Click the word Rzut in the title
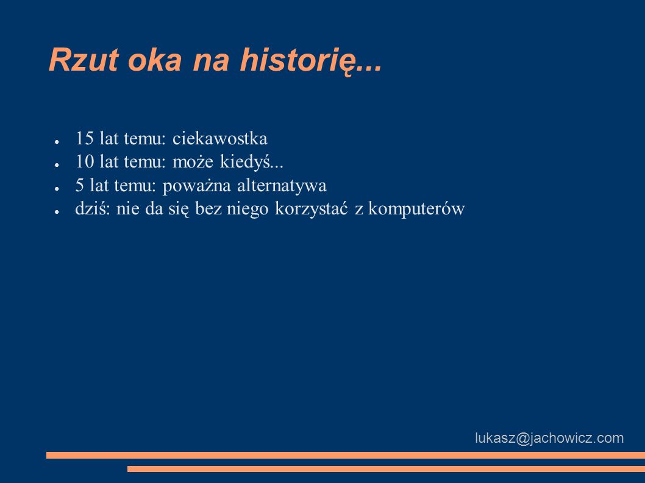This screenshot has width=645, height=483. [84, 60]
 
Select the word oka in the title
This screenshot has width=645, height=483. [155, 60]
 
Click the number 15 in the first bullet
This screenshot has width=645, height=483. [85, 138]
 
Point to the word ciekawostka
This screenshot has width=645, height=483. [220, 138]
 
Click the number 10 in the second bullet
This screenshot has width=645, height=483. [85, 161]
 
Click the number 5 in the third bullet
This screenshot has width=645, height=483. [79, 185]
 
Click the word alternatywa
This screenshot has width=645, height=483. [282, 185]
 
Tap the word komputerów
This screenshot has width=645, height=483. [416, 209]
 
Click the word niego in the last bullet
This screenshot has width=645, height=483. [248, 209]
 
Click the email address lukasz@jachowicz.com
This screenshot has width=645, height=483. [549, 438]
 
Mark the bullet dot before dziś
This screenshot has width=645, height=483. [57, 212]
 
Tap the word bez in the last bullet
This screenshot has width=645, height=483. [208, 208]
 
